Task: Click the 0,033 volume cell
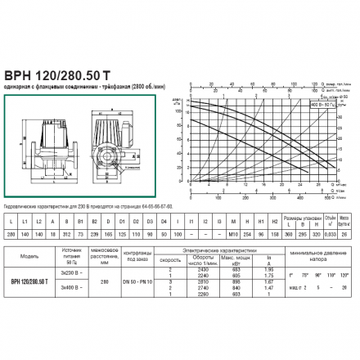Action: (x=330, y=233)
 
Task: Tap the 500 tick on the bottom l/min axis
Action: (x=326, y=197)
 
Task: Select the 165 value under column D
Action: (x=123, y=233)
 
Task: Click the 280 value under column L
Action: (x=10, y=233)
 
